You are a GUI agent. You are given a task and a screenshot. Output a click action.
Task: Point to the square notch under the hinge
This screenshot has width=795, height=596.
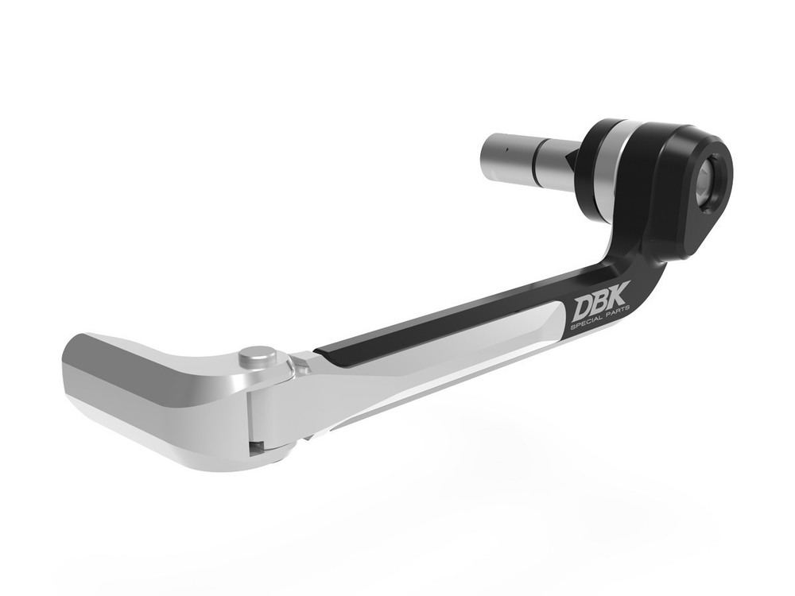tap(255, 447)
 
